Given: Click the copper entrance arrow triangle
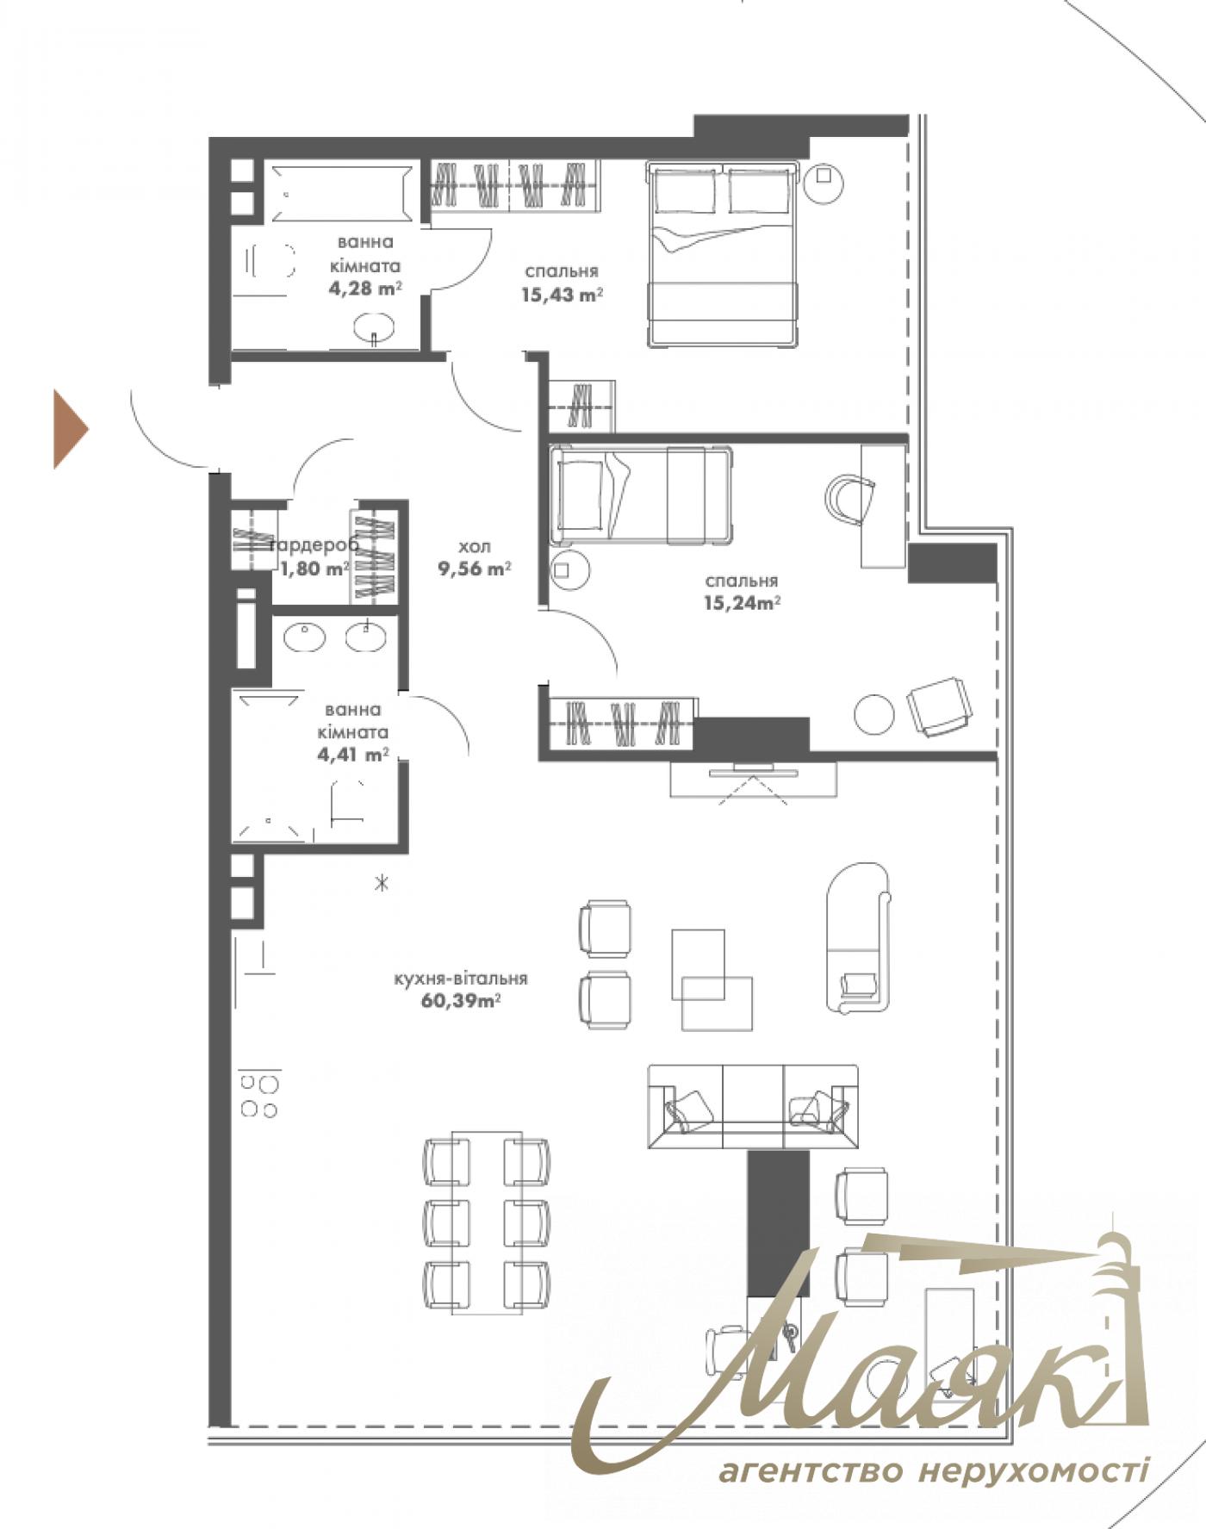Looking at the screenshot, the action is (69, 429).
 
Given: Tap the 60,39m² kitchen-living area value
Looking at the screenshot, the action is (462, 1001).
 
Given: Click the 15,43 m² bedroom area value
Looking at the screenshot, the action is (561, 295).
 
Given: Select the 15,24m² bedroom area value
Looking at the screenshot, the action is (742, 603).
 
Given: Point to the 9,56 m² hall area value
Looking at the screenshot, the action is (475, 569).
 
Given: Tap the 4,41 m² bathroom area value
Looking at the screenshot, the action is (353, 755).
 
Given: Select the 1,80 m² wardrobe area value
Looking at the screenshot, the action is (315, 568).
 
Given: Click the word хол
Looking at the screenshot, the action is (475, 546).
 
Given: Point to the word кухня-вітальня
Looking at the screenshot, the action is (461, 979).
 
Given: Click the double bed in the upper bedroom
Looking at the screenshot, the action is (723, 254).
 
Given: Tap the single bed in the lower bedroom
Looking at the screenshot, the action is (641, 495).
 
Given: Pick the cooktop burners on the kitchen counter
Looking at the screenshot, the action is (259, 1095).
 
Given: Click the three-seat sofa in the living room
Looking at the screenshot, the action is (753, 1107).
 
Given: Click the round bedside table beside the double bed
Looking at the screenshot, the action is (823, 182).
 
